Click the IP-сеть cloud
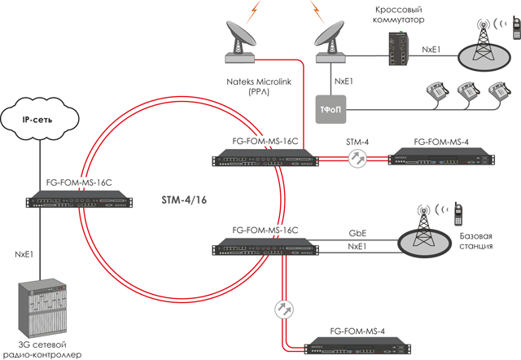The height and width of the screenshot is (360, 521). [x=40, y=119]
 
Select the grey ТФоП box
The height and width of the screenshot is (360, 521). [x=331, y=109]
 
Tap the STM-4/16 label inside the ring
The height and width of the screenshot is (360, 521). [x=184, y=200]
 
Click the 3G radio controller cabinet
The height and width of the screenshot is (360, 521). [x=42, y=308]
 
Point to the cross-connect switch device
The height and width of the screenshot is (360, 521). [x=399, y=49]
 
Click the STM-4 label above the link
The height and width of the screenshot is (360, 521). [x=357, y=142]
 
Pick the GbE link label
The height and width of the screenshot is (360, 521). [x=357, y=233]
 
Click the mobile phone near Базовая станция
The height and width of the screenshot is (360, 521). [x=458, y=214]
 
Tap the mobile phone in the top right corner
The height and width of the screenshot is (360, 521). [x=516, y=28]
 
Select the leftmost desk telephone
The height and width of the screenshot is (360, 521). [x=437, y=90]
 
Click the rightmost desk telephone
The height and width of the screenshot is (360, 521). [x=499, y=90]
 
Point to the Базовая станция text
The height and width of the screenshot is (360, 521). [x=475, y=241]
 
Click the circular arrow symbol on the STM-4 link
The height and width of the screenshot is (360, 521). [x=358, y=158]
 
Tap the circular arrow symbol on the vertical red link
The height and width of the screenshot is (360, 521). [x=284, y=310]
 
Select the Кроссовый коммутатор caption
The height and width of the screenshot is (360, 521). [x=398, y=15]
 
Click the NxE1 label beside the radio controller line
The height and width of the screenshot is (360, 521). [x=24, y=254]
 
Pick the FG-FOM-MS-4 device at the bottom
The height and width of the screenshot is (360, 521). [x=358, y=345]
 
